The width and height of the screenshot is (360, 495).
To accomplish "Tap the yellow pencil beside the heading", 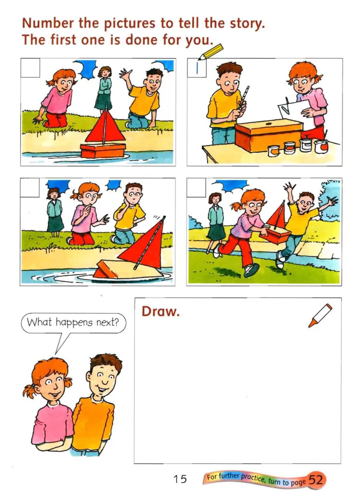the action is [210, 51].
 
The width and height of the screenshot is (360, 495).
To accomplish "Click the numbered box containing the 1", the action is [197, 68].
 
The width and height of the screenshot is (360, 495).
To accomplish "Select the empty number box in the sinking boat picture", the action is [30, 187].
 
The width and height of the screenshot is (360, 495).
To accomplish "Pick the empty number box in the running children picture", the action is [196, 187].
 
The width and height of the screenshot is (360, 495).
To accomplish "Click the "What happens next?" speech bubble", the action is [73, 323].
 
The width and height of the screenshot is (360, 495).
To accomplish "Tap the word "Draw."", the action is [160, 312].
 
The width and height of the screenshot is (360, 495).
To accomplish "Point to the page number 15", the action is [180, 479].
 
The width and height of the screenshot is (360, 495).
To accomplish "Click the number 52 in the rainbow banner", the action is [315, 480].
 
